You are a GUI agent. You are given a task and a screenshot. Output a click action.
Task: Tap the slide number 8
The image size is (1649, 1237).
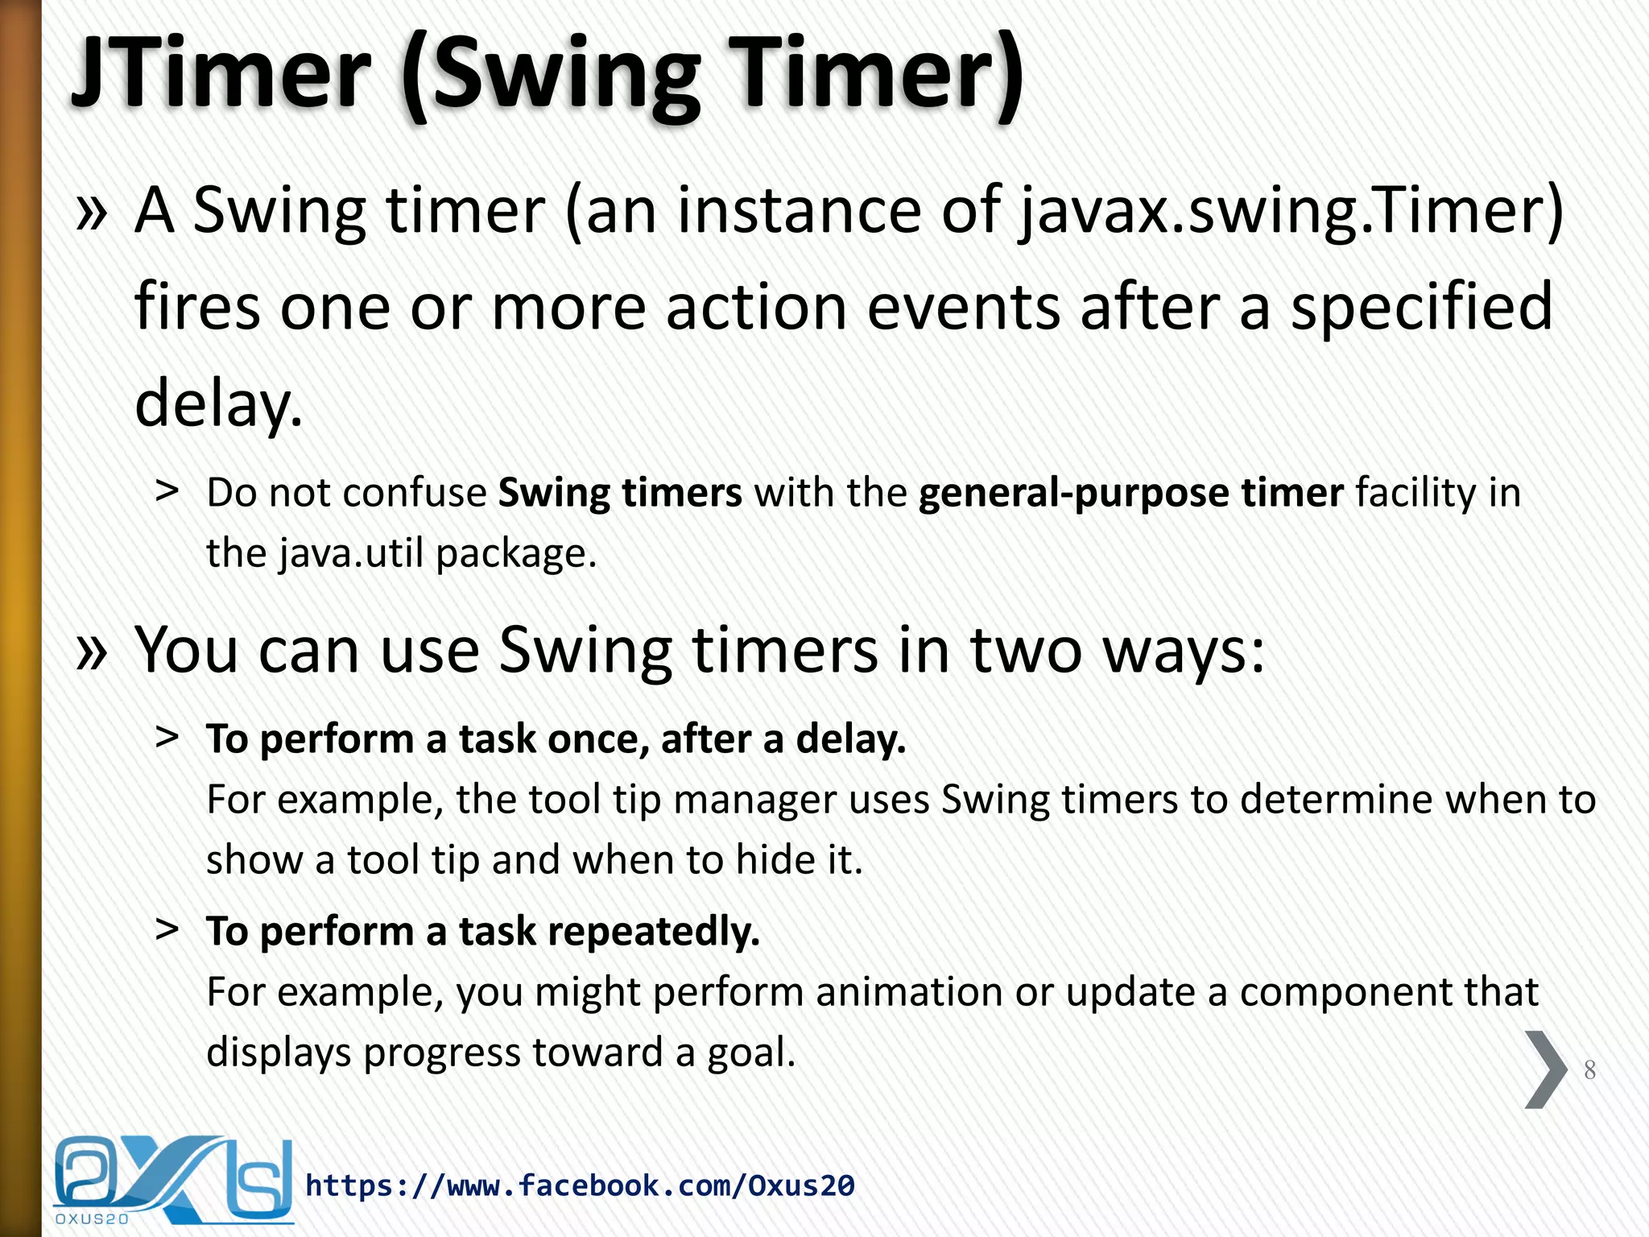tap(1589, 1069)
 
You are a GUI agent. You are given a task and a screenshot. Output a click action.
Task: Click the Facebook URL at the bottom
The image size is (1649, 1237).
tap(580, 1185)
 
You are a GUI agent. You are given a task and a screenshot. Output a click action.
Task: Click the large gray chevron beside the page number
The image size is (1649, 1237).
tap(1545, 1069)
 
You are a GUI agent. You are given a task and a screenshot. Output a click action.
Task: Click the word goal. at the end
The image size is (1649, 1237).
tap(751, 1053)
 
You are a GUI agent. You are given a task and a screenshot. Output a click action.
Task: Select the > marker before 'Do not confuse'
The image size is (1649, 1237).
tap(167, 490)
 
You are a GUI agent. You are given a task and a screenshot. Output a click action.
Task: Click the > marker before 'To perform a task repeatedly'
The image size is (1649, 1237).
tap(167, 929)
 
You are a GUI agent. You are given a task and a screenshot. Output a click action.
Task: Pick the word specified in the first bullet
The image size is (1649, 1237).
tap(1421, 308)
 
